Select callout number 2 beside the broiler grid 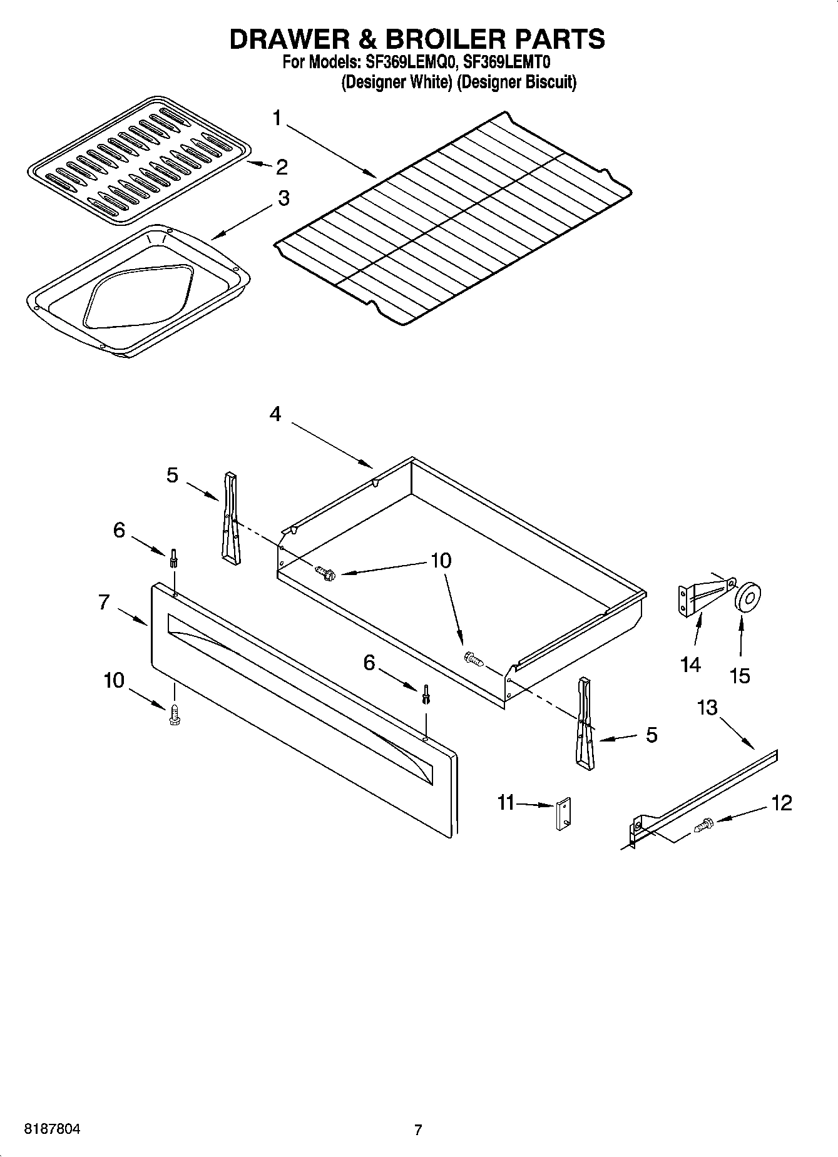[x=282, y=167]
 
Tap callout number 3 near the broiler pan [x=284, y=198]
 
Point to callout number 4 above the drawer [x=275, y=414]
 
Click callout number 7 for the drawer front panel [x=104, y=603]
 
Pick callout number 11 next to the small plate [x=506, y=802]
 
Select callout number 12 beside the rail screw [x=782, y=803]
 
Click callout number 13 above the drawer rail [x=707, y=708]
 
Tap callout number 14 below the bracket [x=690, y=664]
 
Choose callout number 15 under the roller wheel [x=740, y=676]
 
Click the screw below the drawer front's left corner [x=174, y=715]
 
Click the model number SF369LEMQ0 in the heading [x=409, y=63]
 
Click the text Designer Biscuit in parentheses [x=516, y=83]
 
